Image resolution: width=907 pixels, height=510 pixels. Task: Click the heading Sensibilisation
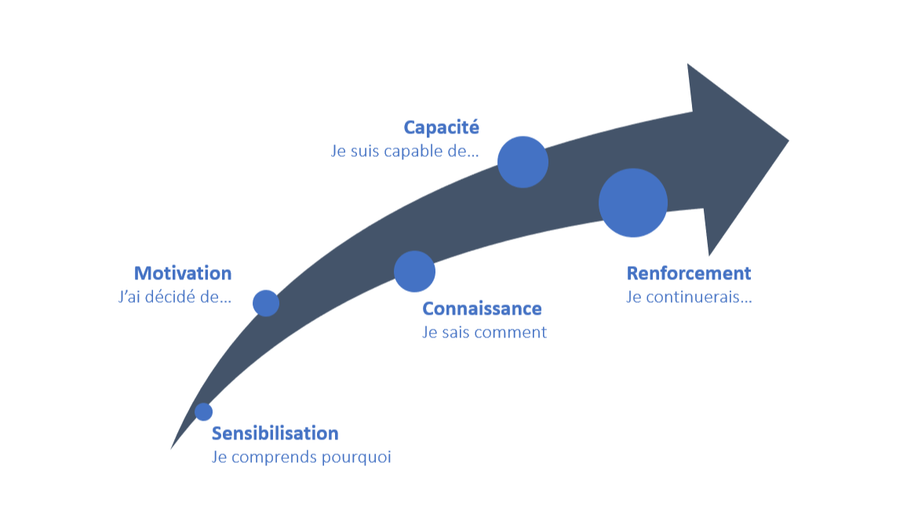275,433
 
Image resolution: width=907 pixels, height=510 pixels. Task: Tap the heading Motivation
183,273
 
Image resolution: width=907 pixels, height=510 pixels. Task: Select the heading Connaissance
482,308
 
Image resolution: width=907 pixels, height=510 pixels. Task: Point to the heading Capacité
441,127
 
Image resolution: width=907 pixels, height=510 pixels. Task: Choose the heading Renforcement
688,273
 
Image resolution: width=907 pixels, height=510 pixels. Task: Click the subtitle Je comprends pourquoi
301,457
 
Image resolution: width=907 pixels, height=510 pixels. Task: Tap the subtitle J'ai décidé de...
173,297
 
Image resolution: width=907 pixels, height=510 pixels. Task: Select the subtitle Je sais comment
484,332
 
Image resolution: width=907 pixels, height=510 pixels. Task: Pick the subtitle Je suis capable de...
404,151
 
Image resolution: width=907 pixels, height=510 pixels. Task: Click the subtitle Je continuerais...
688,297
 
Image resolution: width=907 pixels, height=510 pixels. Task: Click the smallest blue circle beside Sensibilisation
203,412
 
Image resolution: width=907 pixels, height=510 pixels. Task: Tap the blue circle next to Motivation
266,303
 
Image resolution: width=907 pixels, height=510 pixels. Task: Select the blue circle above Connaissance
414,271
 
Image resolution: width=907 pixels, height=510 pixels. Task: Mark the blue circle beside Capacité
523,162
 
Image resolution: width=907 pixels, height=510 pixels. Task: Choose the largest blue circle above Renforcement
633,202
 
